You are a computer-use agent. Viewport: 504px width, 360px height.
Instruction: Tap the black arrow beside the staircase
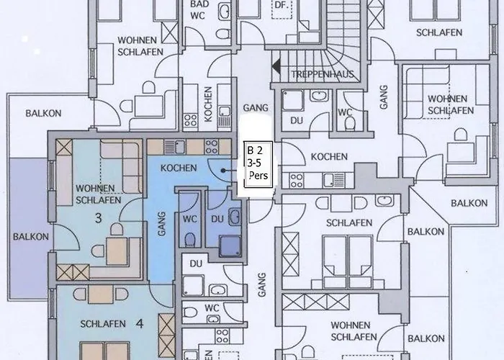tap(276, 66)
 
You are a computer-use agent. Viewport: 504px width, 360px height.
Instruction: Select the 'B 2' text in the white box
tap(255, 151)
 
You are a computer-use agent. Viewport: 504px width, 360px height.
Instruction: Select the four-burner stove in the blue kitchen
tap(212, 147)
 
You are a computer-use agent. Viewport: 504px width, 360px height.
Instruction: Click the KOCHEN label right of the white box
tap(329, 156)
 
